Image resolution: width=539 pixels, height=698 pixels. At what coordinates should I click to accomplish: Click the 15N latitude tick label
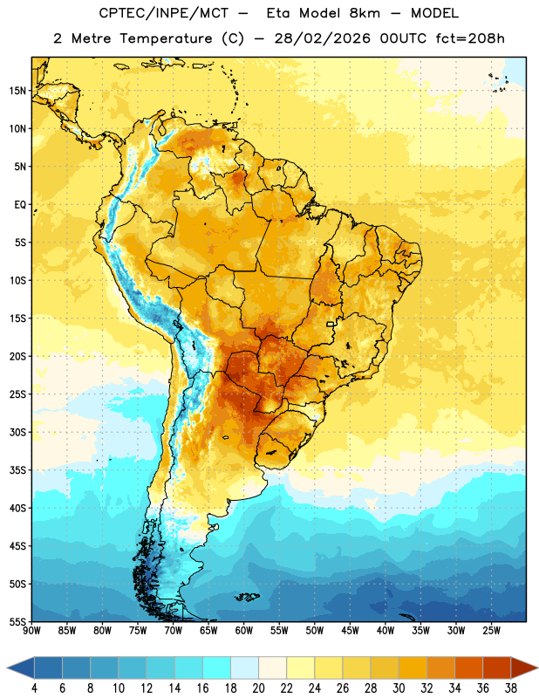point(17,91)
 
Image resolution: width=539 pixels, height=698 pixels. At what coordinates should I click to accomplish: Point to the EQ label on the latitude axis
point(20,205)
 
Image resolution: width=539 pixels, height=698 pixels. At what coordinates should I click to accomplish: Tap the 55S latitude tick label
point(17,621)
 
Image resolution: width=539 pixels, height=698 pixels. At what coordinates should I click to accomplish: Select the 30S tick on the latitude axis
point(17,432)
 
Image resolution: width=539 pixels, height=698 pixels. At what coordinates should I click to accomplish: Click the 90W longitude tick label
point(31,630)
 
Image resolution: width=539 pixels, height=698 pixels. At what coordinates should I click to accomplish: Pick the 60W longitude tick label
point(244,630)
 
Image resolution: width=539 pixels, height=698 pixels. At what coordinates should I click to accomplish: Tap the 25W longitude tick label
point(491,630)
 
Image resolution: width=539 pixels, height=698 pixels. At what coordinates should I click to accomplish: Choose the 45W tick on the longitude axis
point(350,630)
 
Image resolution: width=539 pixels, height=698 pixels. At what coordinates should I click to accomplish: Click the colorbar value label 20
point(258,688)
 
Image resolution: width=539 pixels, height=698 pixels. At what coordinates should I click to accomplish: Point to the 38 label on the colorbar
point(511,688)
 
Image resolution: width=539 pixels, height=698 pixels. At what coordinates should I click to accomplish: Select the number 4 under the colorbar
point(34,688)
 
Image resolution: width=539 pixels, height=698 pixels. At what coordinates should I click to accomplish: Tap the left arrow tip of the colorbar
point(7,667)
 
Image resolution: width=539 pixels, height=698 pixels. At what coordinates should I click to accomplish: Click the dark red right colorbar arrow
point(524,667)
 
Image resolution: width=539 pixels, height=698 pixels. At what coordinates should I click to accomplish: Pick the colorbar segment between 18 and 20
point(244,667)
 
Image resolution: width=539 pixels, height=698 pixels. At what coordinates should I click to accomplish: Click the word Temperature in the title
point(166,38)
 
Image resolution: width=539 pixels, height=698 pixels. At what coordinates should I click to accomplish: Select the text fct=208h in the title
point(470,38)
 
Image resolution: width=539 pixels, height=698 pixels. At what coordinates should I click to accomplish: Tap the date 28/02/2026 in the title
point(322,38)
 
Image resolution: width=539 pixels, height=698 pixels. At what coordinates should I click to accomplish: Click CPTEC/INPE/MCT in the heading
point(163,13)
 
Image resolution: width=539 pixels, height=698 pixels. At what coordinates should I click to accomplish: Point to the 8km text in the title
point(365,13)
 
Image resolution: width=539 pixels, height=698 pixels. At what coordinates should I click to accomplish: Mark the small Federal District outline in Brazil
point(331,324)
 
